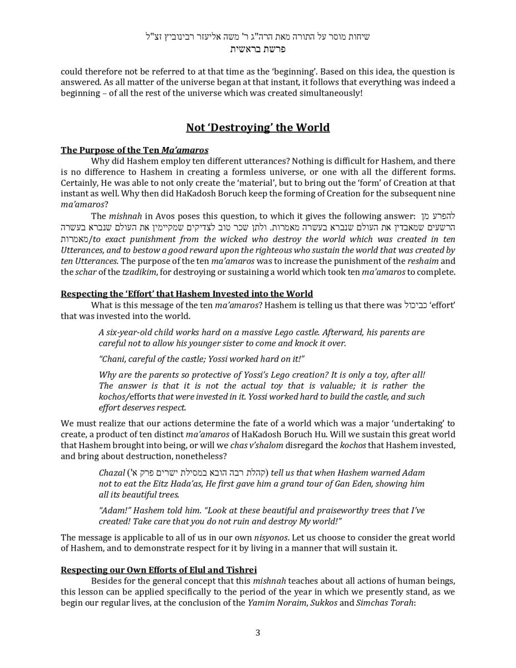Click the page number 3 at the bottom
(258, 632)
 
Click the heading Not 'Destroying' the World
(258, 127)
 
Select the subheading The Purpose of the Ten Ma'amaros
(134, 150)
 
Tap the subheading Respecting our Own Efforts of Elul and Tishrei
(159, 570)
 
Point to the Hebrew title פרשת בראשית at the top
(258, 49)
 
